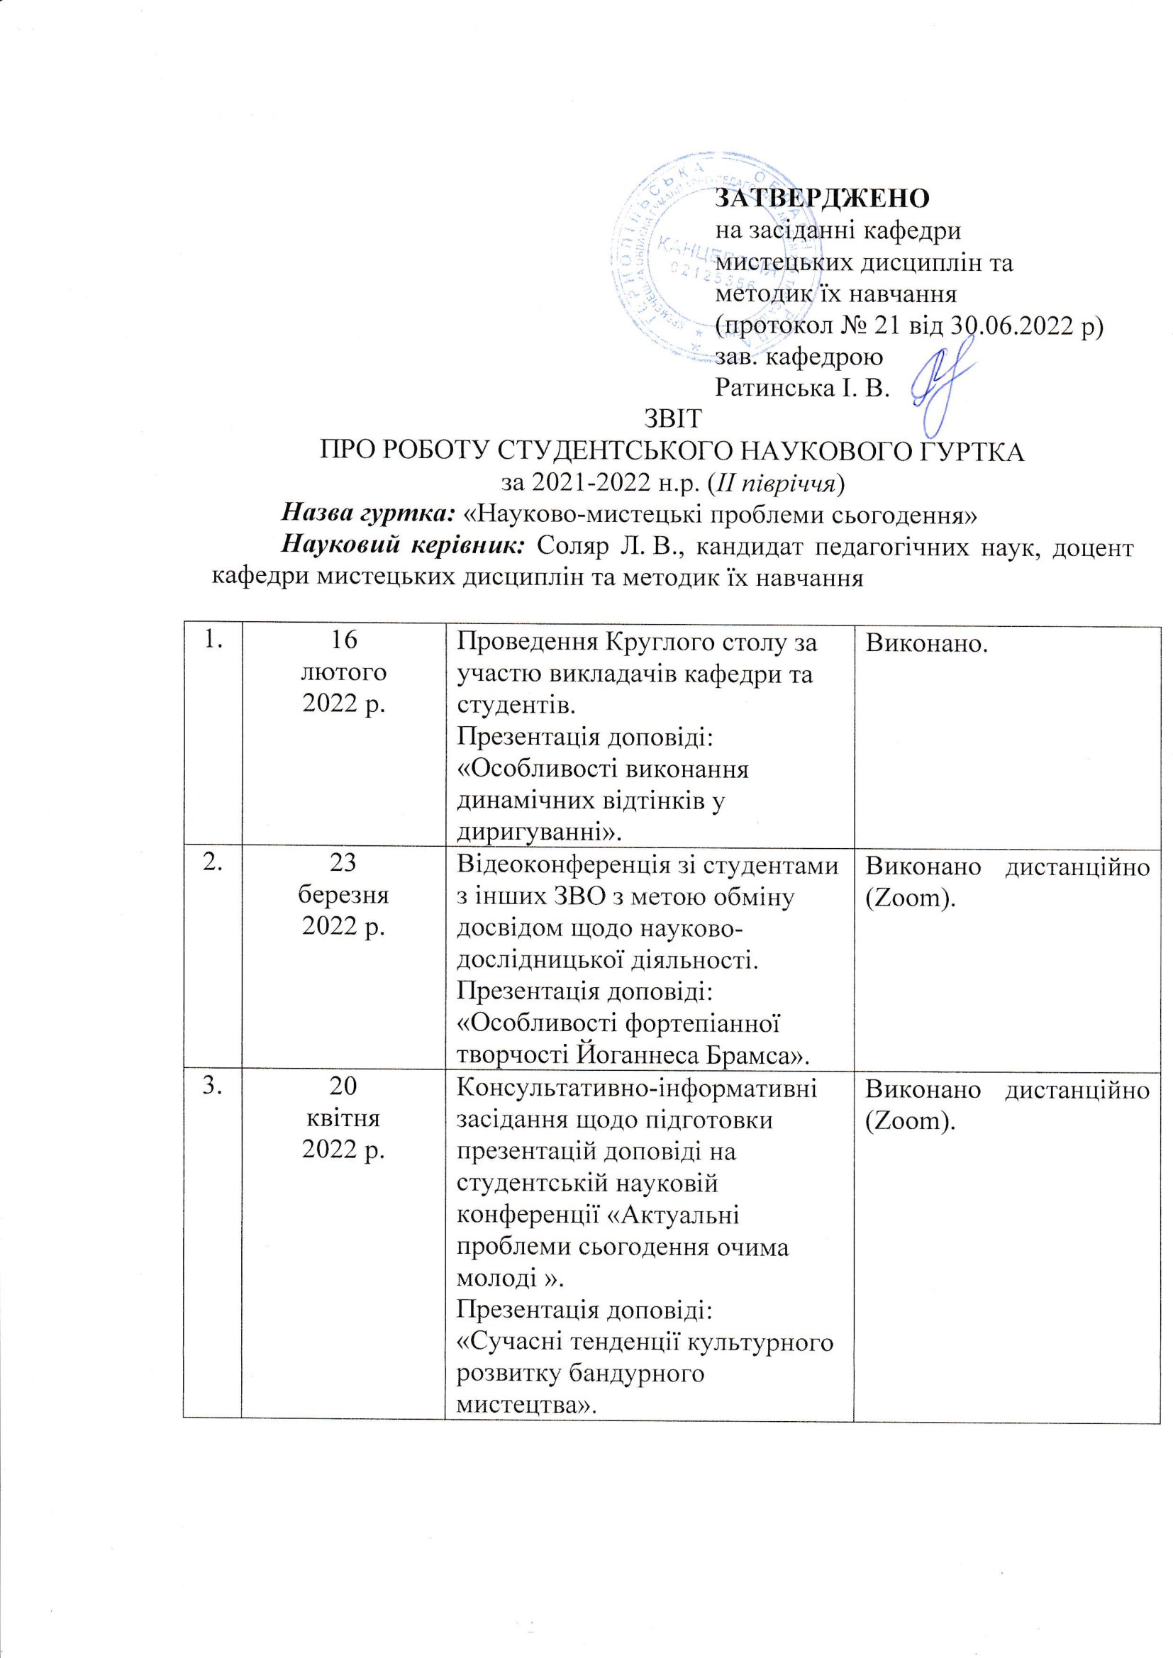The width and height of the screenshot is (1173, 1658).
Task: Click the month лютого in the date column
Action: [x=343, y=672]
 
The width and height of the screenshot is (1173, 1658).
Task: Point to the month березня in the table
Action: [x=343, y=896]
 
